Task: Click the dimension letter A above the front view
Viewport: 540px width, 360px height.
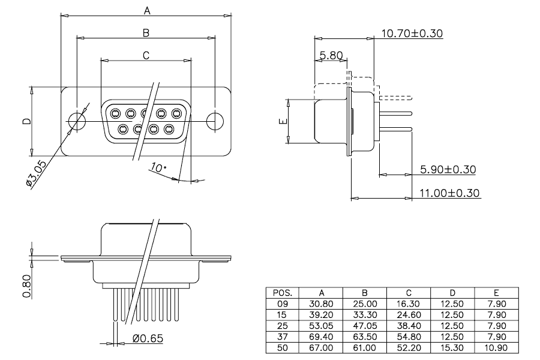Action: [147, 11]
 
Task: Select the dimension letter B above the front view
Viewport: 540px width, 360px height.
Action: [146, 33]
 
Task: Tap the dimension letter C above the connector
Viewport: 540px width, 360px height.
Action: [146, 55]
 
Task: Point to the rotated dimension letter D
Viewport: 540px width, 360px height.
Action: [27, 121]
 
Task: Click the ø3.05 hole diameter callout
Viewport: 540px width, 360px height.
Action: [36, 173]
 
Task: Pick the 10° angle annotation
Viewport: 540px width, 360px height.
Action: [158, 168]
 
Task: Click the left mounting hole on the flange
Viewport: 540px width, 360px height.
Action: [76, 121]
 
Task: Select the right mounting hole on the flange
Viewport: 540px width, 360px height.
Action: [215, 121]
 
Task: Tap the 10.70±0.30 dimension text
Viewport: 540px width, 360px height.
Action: [412, 34]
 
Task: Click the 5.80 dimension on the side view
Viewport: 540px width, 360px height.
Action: [331, 55]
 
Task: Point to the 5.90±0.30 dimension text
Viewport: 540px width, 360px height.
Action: [448, 169]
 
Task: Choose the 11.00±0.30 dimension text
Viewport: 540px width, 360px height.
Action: [449, 193]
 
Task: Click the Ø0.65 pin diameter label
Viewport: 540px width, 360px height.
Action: [148, 338]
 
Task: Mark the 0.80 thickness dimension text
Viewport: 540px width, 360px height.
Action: [27, 286]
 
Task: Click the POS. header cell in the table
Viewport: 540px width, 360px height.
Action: [283, 293]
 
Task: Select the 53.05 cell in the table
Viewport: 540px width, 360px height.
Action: [321, 326]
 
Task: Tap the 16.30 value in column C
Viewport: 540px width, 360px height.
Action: [409, 304]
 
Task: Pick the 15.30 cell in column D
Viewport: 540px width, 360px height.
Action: [452, 347]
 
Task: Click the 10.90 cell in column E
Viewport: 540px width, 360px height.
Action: [496, 347]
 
